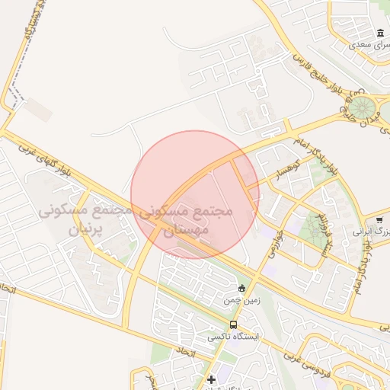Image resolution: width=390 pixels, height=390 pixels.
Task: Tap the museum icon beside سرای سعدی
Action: point(380,33)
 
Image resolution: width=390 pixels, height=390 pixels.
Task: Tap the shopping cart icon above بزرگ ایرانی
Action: point(379,220)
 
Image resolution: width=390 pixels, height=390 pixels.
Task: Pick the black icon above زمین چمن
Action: point(241,288)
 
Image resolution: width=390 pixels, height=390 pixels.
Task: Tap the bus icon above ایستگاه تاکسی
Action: point(233,324)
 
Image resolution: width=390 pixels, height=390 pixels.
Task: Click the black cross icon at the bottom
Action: point(211,379)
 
